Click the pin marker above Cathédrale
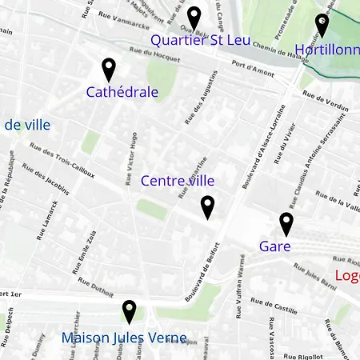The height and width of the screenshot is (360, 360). point(109,70)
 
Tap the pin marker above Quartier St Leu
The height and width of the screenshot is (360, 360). point(194,18)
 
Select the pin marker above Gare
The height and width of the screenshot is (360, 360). point(286,224)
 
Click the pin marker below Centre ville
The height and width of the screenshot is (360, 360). point(207,207)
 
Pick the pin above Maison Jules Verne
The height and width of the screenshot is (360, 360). point(129,311)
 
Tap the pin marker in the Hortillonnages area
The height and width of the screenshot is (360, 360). point(322,25)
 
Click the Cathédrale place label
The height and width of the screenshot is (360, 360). point(122,92)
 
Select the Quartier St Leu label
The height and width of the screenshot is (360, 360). point(200,39)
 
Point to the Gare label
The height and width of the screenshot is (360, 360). point(274,246)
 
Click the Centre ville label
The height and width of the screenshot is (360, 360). point(178,181)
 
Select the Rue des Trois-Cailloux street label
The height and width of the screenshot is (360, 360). point(61,160)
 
